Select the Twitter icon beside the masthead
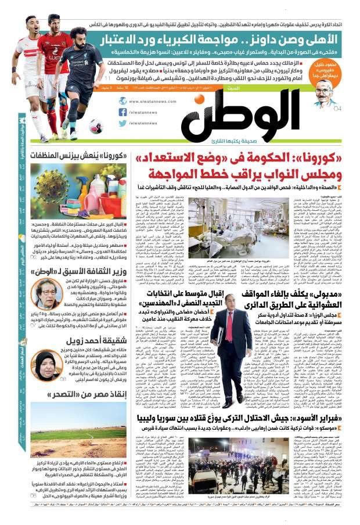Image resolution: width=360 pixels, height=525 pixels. point(123,123)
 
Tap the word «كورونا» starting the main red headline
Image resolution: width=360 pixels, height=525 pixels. point(325,159)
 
